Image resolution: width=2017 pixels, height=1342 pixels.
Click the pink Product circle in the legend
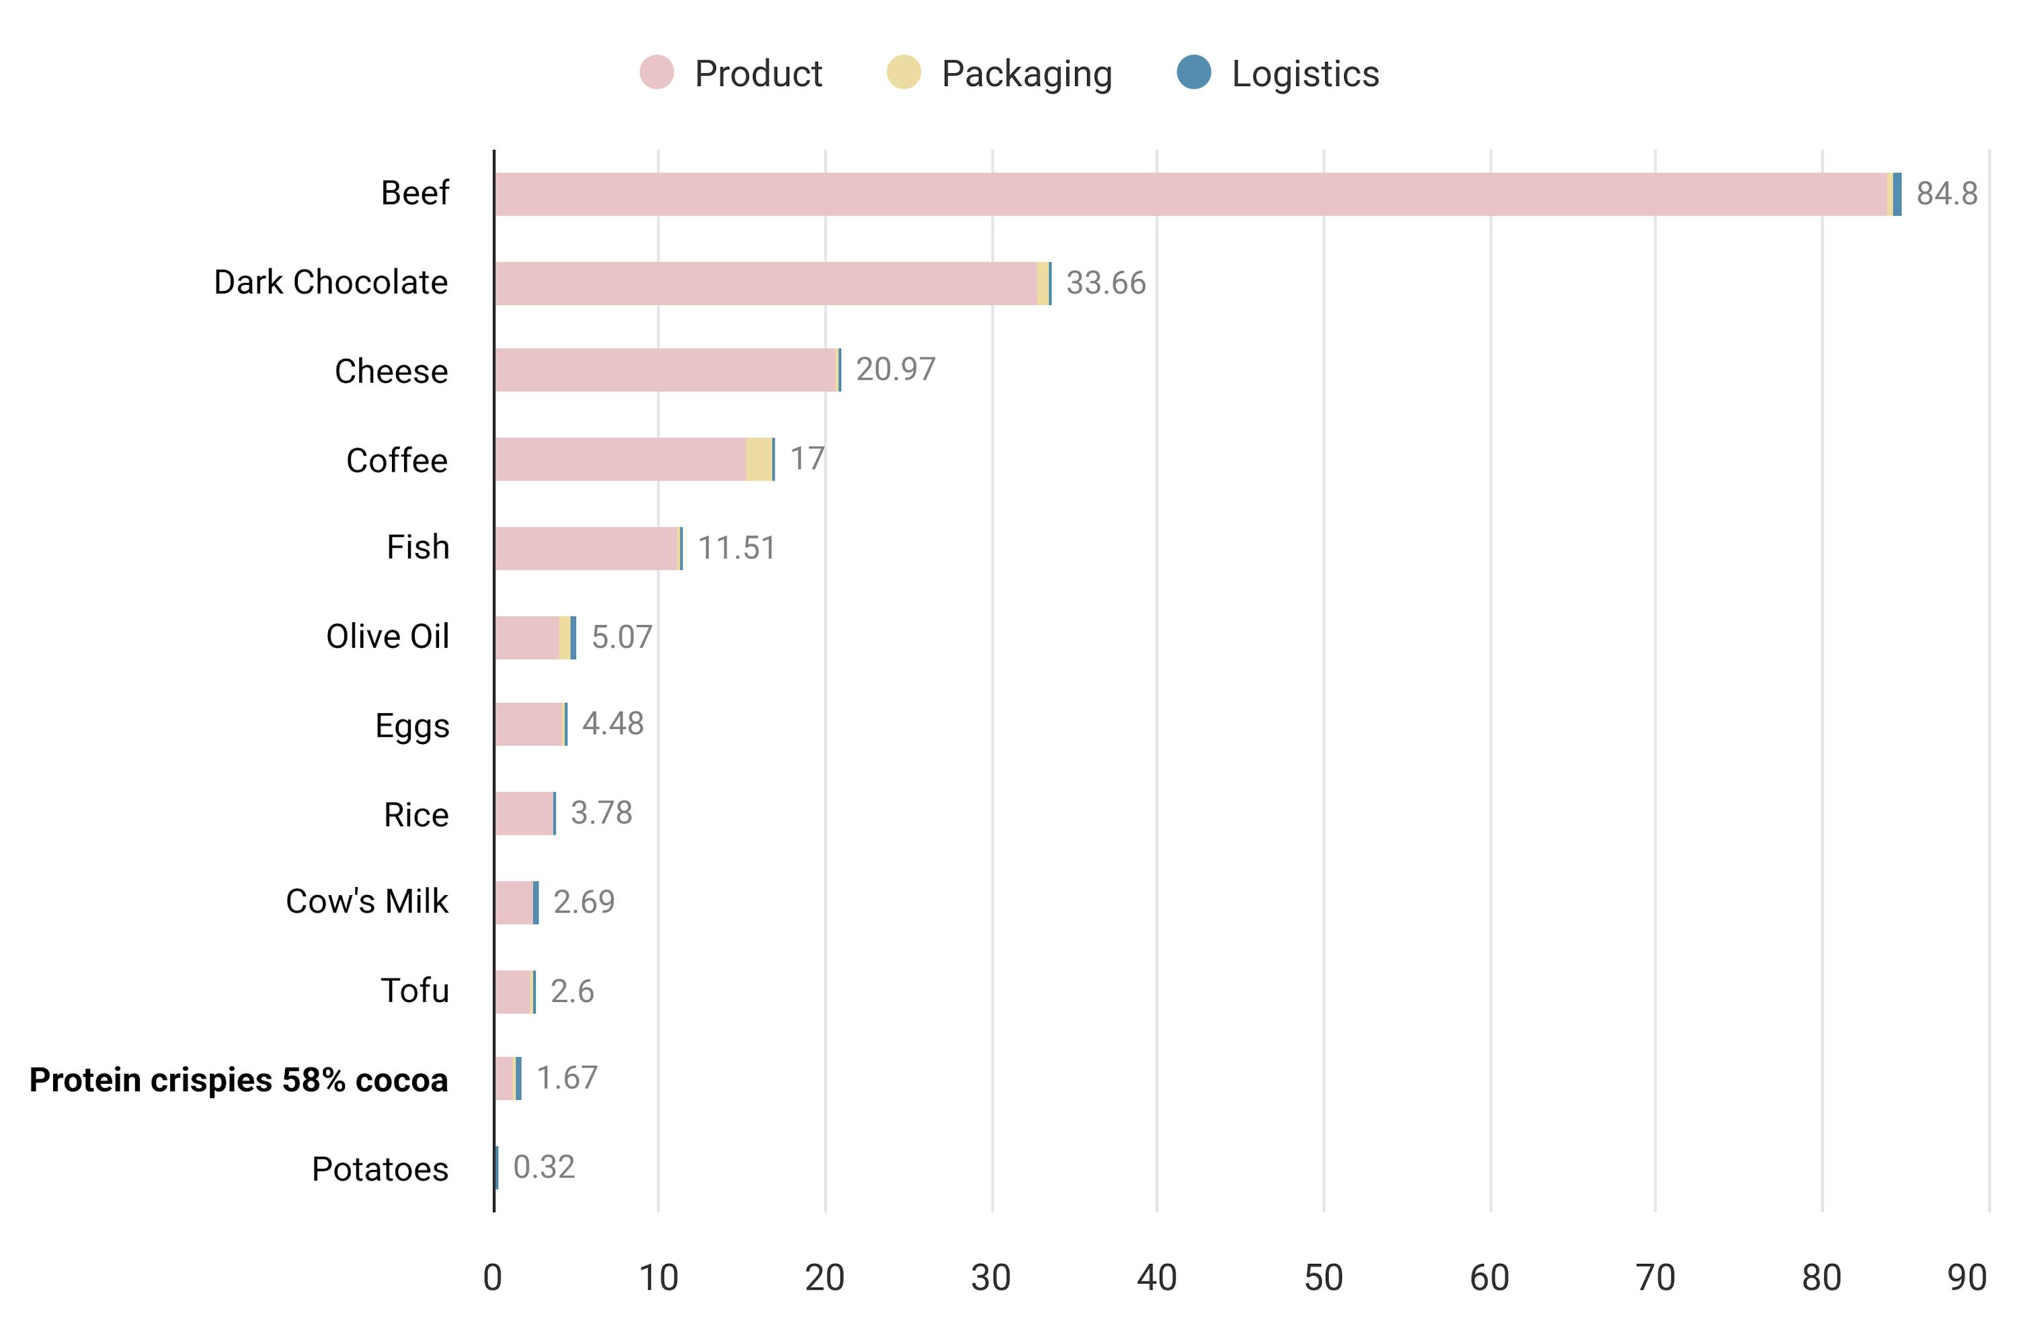(x=657, y=72)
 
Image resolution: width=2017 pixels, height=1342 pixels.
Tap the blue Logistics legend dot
(x=1193, y=72)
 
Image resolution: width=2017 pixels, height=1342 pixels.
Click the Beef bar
(x=1190, y=194)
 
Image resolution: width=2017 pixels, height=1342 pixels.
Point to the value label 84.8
(x=1946, y=194)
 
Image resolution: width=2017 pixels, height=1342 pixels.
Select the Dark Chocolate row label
(x=331, y=282)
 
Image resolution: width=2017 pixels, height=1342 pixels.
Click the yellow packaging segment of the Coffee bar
(x=758, y=459)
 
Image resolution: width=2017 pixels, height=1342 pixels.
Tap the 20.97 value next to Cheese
(x=896, y=370)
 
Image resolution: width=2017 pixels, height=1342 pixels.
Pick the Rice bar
(x=524, y=813)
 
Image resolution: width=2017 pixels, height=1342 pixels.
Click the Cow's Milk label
(x=366, y=901)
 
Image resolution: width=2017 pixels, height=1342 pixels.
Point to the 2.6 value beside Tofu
(x=572, y=991)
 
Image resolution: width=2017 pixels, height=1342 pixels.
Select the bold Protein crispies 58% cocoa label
(x=239, y=1080)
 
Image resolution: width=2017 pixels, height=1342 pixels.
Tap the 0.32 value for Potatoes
(x=544, y=1167)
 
